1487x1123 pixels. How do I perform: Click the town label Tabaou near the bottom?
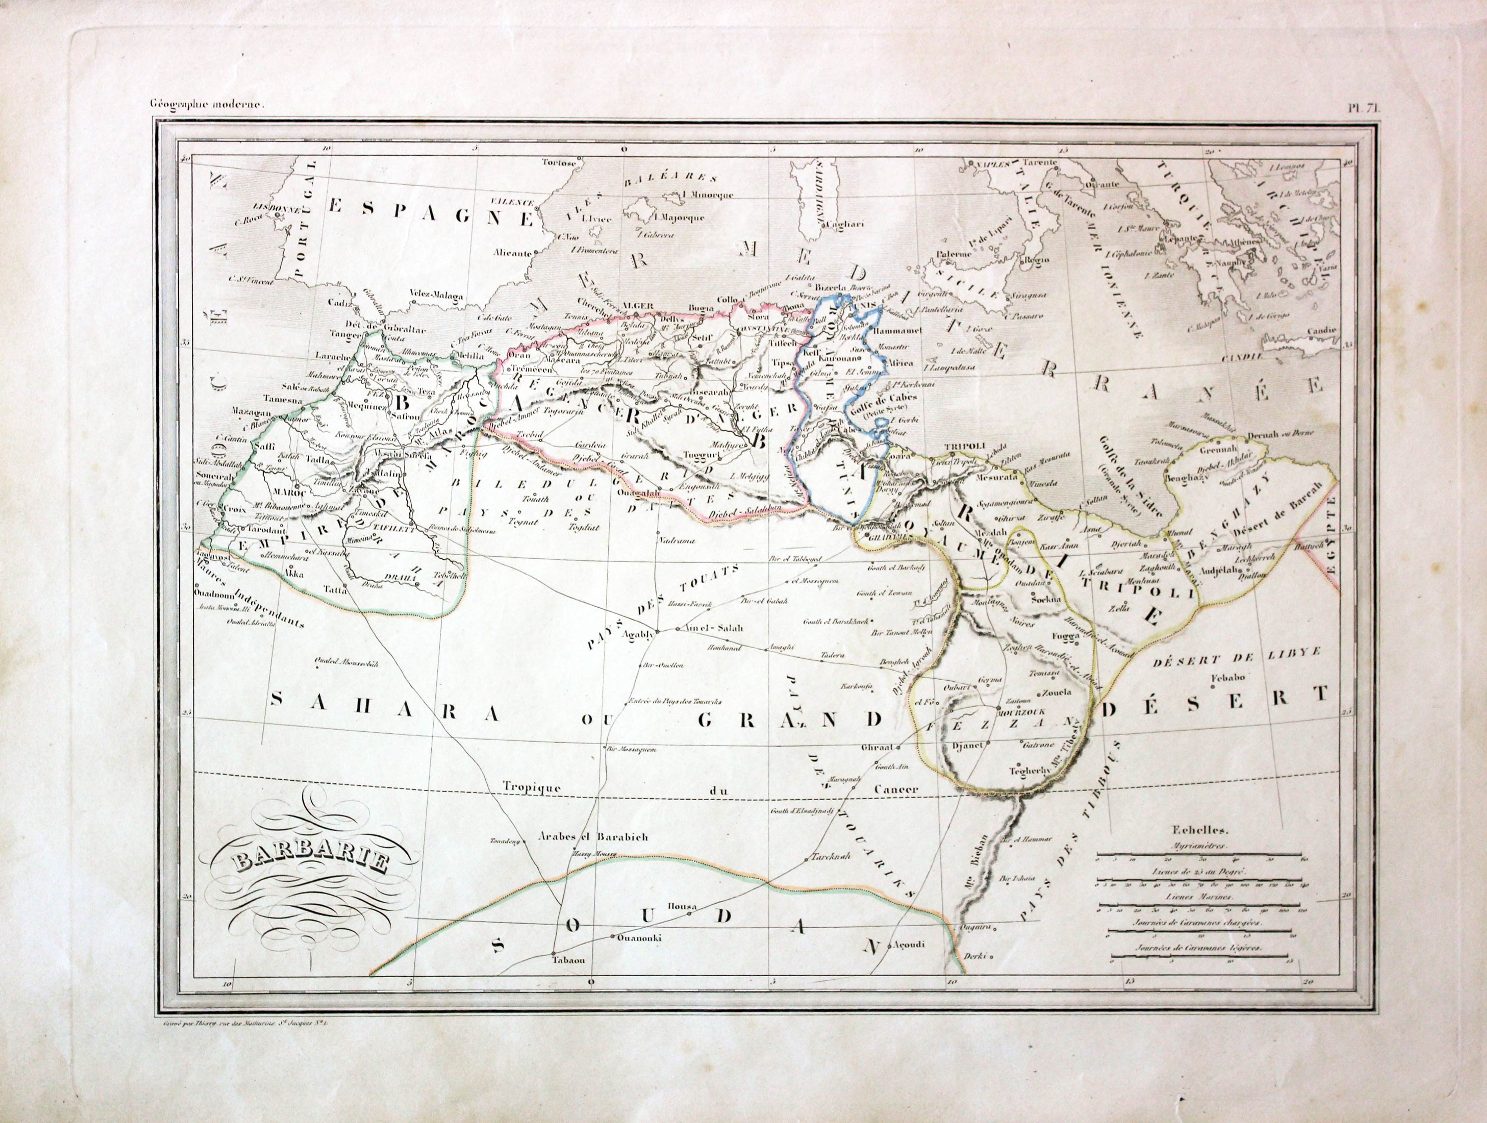[569, 960]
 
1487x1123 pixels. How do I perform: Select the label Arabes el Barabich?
[594, 837]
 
